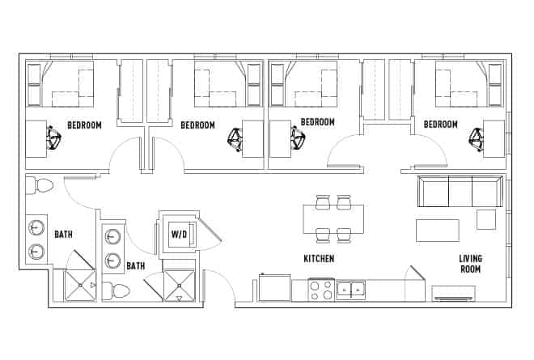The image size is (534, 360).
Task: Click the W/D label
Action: (x=180, y=235)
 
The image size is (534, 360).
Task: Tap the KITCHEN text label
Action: (x=319, y=259)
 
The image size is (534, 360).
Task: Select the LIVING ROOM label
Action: (x=470, y=265)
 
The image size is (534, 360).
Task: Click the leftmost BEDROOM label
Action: (x=84, y=125)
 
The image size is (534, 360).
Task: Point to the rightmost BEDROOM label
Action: (x=441, y=125)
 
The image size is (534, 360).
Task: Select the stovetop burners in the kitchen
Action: (x=320, y=289)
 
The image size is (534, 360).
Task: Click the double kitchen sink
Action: (x=351, y=288)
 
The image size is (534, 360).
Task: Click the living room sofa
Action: (x=459, y=191)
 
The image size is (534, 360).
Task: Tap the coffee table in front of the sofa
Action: (x=437, y=230)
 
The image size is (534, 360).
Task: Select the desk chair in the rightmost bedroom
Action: (x=476, y=140)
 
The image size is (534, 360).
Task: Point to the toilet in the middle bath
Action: (x=120, y=290)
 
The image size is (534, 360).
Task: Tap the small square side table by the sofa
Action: (x=485, y=219)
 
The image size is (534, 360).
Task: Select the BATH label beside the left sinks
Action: (x=64, y=235)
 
